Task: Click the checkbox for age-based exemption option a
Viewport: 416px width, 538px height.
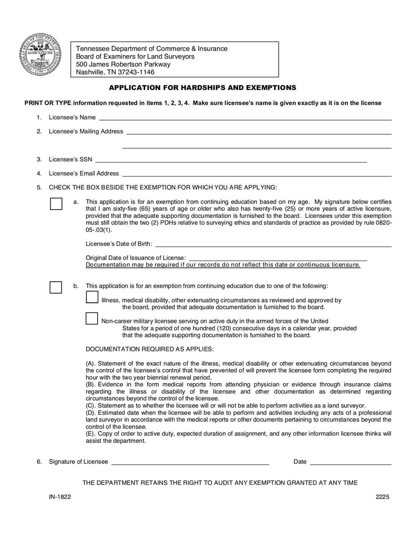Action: (x=56, y=203)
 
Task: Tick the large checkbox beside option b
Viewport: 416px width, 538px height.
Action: (x=56, y=287)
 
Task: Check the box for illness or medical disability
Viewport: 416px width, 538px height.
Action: (x=92, y=297)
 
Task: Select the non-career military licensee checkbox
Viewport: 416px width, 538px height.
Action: (x=92, y=318)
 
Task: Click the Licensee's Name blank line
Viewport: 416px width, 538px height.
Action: (x=244, y=119)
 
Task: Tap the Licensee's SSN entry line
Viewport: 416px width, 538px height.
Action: (x=231, y=161)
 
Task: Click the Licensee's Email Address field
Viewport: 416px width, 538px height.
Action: (x=256, y=175)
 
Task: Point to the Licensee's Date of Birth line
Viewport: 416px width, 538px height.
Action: (x=273, y=245)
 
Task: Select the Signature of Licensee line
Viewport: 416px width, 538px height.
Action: (x=190, y=463)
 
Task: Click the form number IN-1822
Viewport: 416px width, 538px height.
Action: (x=60, y=496)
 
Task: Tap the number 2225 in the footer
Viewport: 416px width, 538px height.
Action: (x=383, y=496)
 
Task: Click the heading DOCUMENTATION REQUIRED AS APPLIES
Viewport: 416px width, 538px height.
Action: (x=149, y=348)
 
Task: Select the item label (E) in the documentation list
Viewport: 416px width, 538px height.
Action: (x=90, y=434)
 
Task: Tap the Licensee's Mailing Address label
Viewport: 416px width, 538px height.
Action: (x=86, y=132)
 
